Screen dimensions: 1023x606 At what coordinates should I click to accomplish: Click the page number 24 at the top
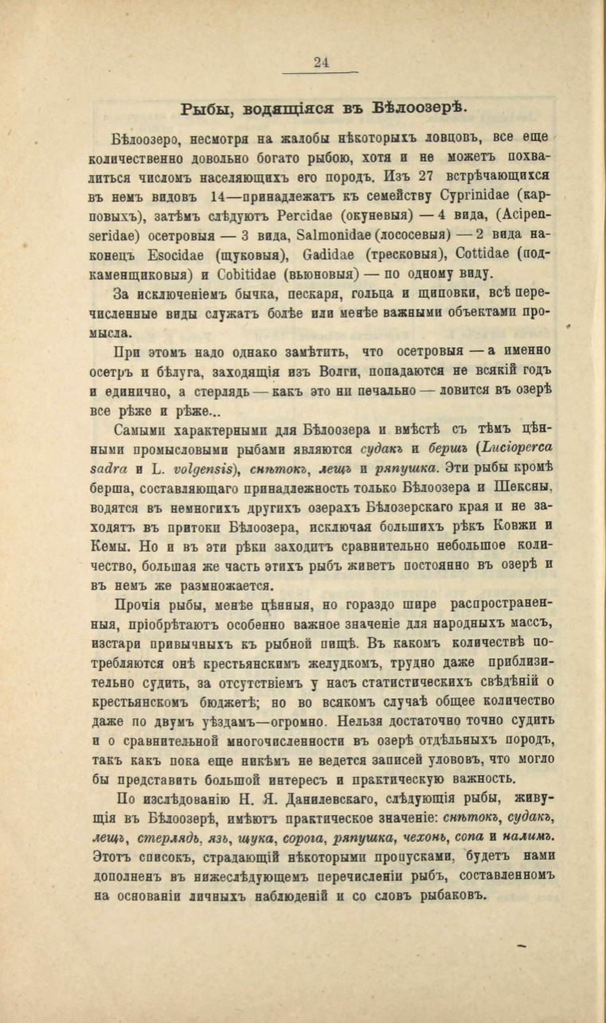322,63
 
